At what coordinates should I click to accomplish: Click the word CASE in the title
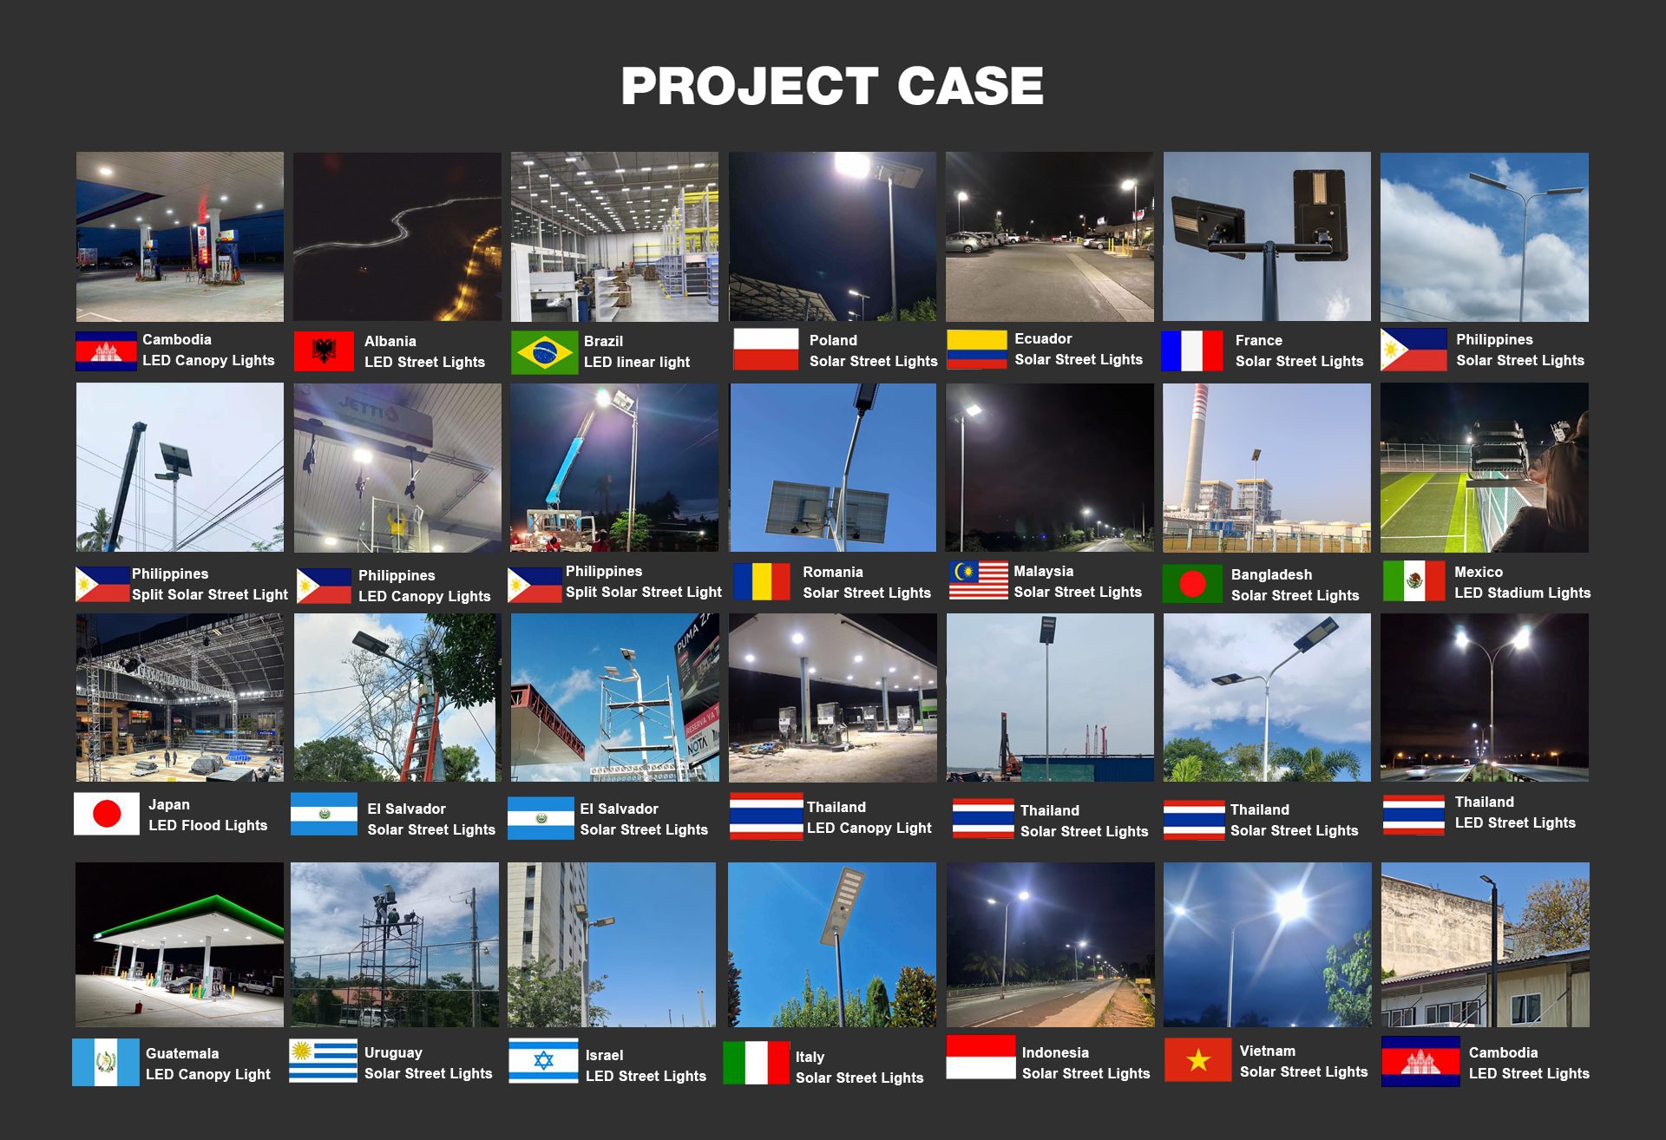tap(969, 86)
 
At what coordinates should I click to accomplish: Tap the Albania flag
tap(324, 351)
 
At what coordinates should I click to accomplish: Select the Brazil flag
tap(544, 352)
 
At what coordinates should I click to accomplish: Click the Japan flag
tap(107, 814)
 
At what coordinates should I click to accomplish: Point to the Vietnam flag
tap(1197, 1059)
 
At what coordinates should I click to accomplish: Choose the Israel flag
tap(543, 1060)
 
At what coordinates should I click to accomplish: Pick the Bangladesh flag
tap(1192, 584)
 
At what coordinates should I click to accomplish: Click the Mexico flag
tap(1413, 580)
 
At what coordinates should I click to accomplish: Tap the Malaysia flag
tap(979, 580)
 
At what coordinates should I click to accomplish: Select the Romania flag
tap(762, 581)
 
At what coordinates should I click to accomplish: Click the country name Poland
tap(833, 340)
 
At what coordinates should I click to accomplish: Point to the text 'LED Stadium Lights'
tap(1522, 593)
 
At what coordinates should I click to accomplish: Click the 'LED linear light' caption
tap(637, 362)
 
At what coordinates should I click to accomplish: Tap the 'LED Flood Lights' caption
tap(207, 825)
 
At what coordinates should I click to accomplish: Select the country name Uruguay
tap(393, 1052)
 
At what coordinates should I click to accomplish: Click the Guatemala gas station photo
tap(180, 945)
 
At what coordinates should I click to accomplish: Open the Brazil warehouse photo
tap(614, 237)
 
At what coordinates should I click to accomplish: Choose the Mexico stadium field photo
tap(1485, 468)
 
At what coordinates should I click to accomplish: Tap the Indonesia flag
tap(981, 1057)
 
